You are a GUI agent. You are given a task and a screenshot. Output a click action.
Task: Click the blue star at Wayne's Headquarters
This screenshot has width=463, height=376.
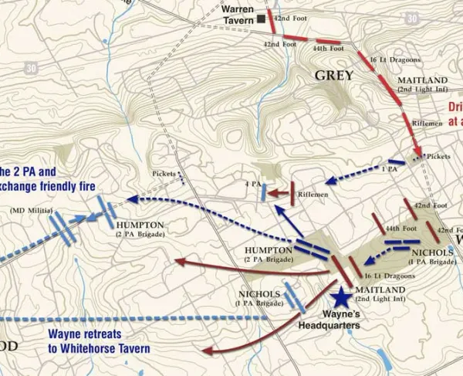tap(340, 296)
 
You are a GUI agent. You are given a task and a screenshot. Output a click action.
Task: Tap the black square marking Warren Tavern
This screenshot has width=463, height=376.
tap(262, 19)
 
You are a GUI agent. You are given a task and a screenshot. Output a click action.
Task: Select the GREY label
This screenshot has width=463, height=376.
tap(333, 75)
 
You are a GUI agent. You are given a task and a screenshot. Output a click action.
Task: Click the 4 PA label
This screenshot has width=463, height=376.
tap(252, 184)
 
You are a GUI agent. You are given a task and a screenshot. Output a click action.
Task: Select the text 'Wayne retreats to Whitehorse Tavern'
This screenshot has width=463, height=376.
tap(99, 340)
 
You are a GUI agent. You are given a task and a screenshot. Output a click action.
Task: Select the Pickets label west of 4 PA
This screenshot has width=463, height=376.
tap(164, 174)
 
